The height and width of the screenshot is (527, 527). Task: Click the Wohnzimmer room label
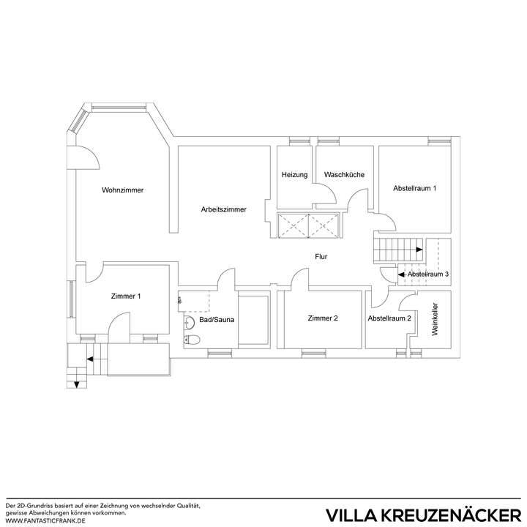point(122,190)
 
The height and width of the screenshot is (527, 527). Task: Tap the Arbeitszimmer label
point(223,209)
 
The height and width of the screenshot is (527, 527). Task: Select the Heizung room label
point(295,175)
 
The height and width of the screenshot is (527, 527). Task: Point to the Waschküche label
point(344,175)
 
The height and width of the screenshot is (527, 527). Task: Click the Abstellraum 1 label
point(414,188)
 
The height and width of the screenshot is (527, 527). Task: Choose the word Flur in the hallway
point(321,257)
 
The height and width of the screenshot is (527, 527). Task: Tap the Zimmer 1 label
point(126,296)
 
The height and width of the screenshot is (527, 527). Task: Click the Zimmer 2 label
point(323,318)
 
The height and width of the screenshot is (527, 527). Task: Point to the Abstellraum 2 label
point(389,318)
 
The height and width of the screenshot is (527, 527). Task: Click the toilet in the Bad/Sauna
point(192,339)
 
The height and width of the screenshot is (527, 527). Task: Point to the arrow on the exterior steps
point(88,359)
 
